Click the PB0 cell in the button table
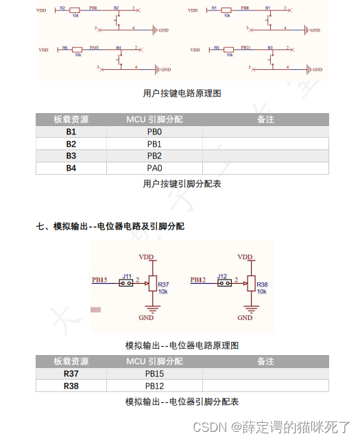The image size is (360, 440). tap(154, 132)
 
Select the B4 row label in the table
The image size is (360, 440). tap(71, 168)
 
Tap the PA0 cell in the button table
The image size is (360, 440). tap(154, 168)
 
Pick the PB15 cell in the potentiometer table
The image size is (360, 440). tap(154, 374)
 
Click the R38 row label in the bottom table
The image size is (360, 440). tap(71, 386)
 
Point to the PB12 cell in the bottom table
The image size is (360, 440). tap(154, 386)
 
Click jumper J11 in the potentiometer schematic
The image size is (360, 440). tap(126, 282)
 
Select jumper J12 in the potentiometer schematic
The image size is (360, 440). tap(222, 282)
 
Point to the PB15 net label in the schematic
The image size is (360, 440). tap(99, 280)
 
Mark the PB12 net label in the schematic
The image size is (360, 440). tap(198, 280)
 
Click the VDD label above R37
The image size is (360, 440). tap(147, 256)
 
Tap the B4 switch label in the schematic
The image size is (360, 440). tap(119, 48)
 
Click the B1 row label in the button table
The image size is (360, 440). tap(71, 132)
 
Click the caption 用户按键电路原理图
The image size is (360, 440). tap(182, 93)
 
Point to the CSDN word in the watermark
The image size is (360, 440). tap(210, 427)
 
